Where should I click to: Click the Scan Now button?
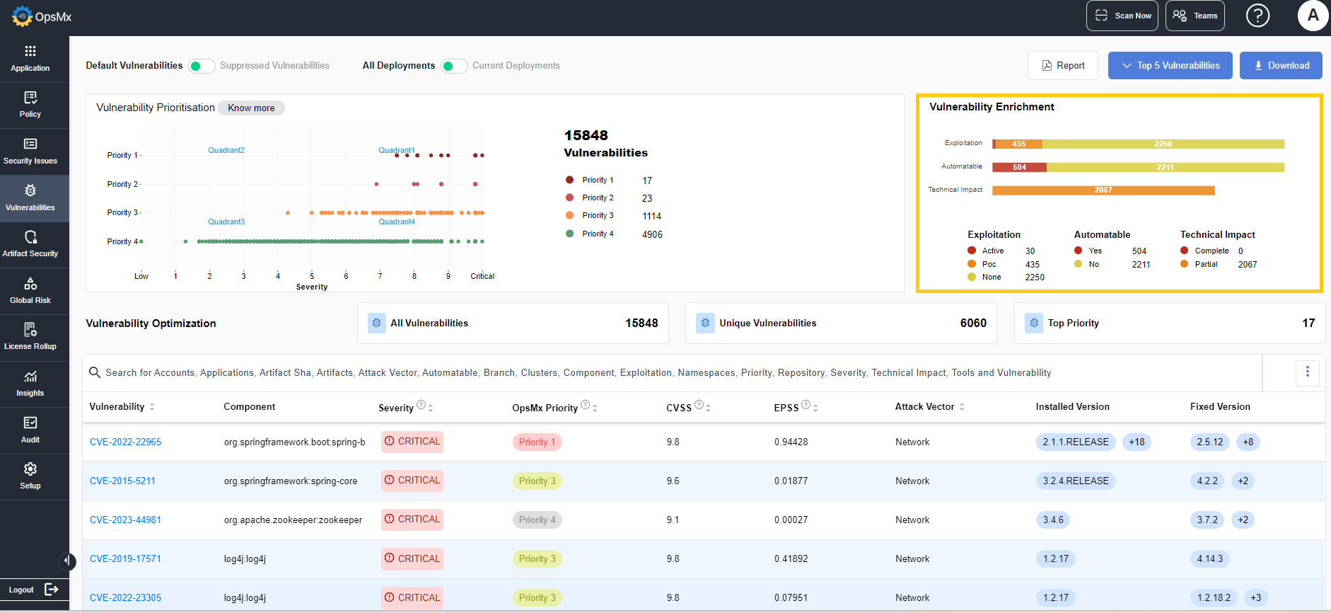(x=1122, y=16)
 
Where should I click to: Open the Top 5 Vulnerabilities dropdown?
(x=1170, y=66)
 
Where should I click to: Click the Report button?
(x=1062, y=66)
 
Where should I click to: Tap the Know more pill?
(x=251, y=108)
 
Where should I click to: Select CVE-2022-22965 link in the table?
(x=125, y=442)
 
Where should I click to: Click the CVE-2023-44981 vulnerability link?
(x=125, y=520)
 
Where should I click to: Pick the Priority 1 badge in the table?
(x=537, y=442)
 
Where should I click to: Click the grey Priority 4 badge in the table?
(x=537, y=520)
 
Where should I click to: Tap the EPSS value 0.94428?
(x=791, y=442)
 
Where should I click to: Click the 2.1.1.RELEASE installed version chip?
(x=1076, y=442)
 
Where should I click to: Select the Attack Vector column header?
(x=924, y=406)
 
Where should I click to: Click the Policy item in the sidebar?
(x=30, y=105)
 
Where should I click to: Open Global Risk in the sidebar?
(x=30, y=291)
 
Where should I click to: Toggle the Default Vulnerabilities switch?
(x=202, y=66)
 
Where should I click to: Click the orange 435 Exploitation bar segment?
(x=1018, y=144)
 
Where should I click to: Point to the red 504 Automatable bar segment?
(x=1019, y=167)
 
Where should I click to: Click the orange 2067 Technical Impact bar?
(x=1103, y=190)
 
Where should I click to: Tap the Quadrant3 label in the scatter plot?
(x=226, y=222)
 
